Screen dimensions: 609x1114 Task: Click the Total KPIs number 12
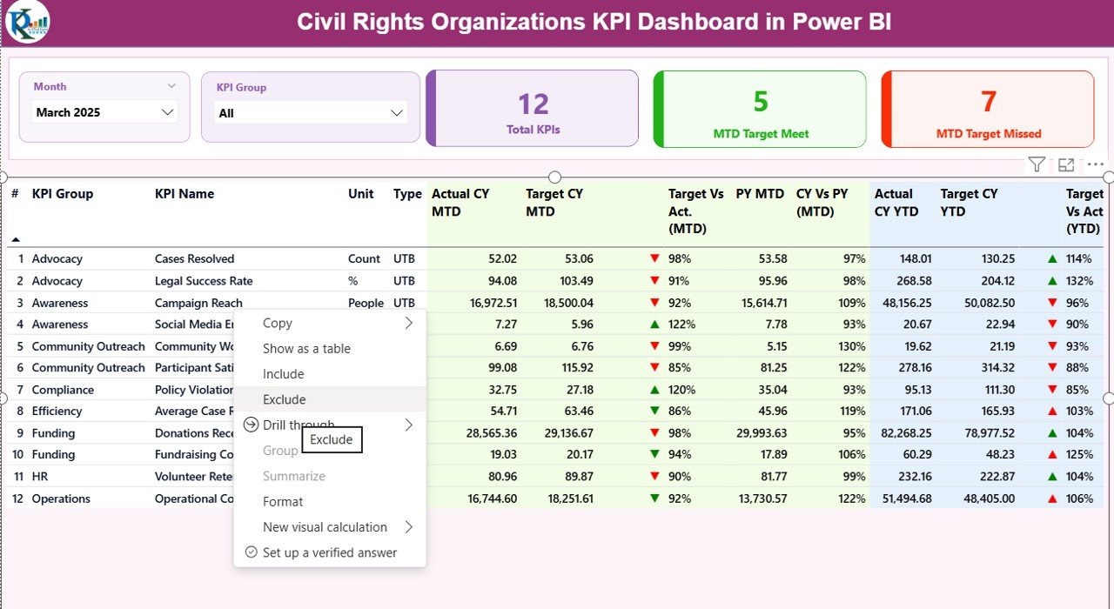tap(533, 104)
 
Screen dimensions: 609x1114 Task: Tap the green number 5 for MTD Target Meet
tap(760, 102)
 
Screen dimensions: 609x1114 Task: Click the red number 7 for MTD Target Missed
tap(988, 102)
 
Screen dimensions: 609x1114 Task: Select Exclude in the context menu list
tap(285, 399)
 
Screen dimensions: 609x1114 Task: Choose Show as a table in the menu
tap(306, 349)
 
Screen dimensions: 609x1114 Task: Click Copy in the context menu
tap(278, 323)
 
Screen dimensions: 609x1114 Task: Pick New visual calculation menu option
tap(325, 527)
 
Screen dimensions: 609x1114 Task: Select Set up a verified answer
tap(329, 552)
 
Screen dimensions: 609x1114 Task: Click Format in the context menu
tap(283, 502)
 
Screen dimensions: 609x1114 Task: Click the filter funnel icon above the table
tap(1036, 164)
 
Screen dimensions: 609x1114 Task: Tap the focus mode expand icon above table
tap(1066, 164)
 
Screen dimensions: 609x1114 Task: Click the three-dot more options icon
tap(1095, 164)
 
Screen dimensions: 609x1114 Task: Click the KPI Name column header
tap(185, 194)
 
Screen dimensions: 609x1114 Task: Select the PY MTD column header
tap(760, 194)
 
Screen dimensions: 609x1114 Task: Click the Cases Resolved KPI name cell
tap(194, 259)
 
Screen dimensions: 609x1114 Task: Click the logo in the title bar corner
tap(26, 23)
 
